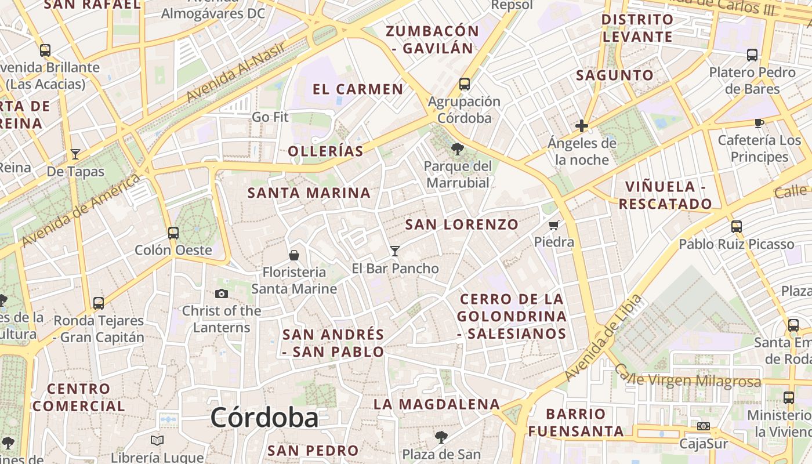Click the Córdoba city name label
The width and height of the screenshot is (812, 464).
click(x=264, y=418)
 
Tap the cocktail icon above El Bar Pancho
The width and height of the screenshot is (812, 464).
click(x=395, y=251)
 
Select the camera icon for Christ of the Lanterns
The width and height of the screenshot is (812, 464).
click(x=221, y=294)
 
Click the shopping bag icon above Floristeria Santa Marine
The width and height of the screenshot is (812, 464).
click(x=294, y=255)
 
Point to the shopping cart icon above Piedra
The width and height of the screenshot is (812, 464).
click(x=554, y=225)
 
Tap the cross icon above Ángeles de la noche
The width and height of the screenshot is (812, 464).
click(x=582, y=126)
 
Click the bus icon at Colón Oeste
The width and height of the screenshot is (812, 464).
click(x=173, y=233)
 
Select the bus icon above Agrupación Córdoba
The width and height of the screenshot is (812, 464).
click(x=465, y=84)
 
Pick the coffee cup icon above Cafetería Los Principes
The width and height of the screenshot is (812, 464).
click(x=759, y=123)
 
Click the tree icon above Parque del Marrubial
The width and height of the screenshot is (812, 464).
click(x=457, y=149)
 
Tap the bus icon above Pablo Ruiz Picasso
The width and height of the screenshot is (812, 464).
click(x=737, y=227)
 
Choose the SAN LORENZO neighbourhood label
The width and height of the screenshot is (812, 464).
click(x=462, y=224)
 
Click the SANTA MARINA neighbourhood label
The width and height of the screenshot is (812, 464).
click(x=309, y=193)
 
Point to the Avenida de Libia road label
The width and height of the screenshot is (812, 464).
click(x=603, y=338)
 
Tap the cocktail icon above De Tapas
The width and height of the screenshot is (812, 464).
click(x=75, y=154)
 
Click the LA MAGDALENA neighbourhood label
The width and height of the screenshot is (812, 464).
click(x=436, y=404)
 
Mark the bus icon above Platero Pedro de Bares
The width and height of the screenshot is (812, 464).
click(x=752, y=55)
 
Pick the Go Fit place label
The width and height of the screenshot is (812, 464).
click(x=270, y=117)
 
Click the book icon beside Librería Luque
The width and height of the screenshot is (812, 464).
click(x=157, y=440)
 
